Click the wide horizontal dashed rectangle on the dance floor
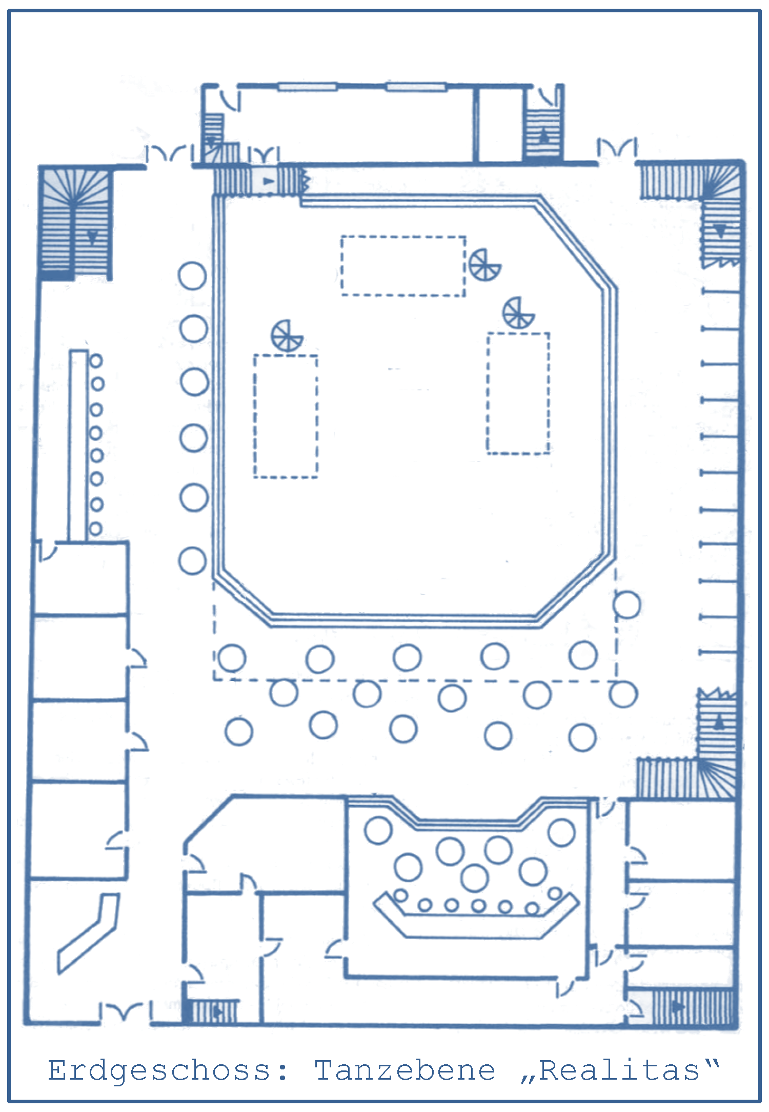403,237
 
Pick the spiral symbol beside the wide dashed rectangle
484,265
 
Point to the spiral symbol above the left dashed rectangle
287,336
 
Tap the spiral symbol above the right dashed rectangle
518,313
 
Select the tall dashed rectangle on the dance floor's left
255,416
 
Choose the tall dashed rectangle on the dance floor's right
488,393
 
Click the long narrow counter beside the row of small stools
78,445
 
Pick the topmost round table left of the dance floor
192,276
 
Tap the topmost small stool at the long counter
96,361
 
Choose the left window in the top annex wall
307,87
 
